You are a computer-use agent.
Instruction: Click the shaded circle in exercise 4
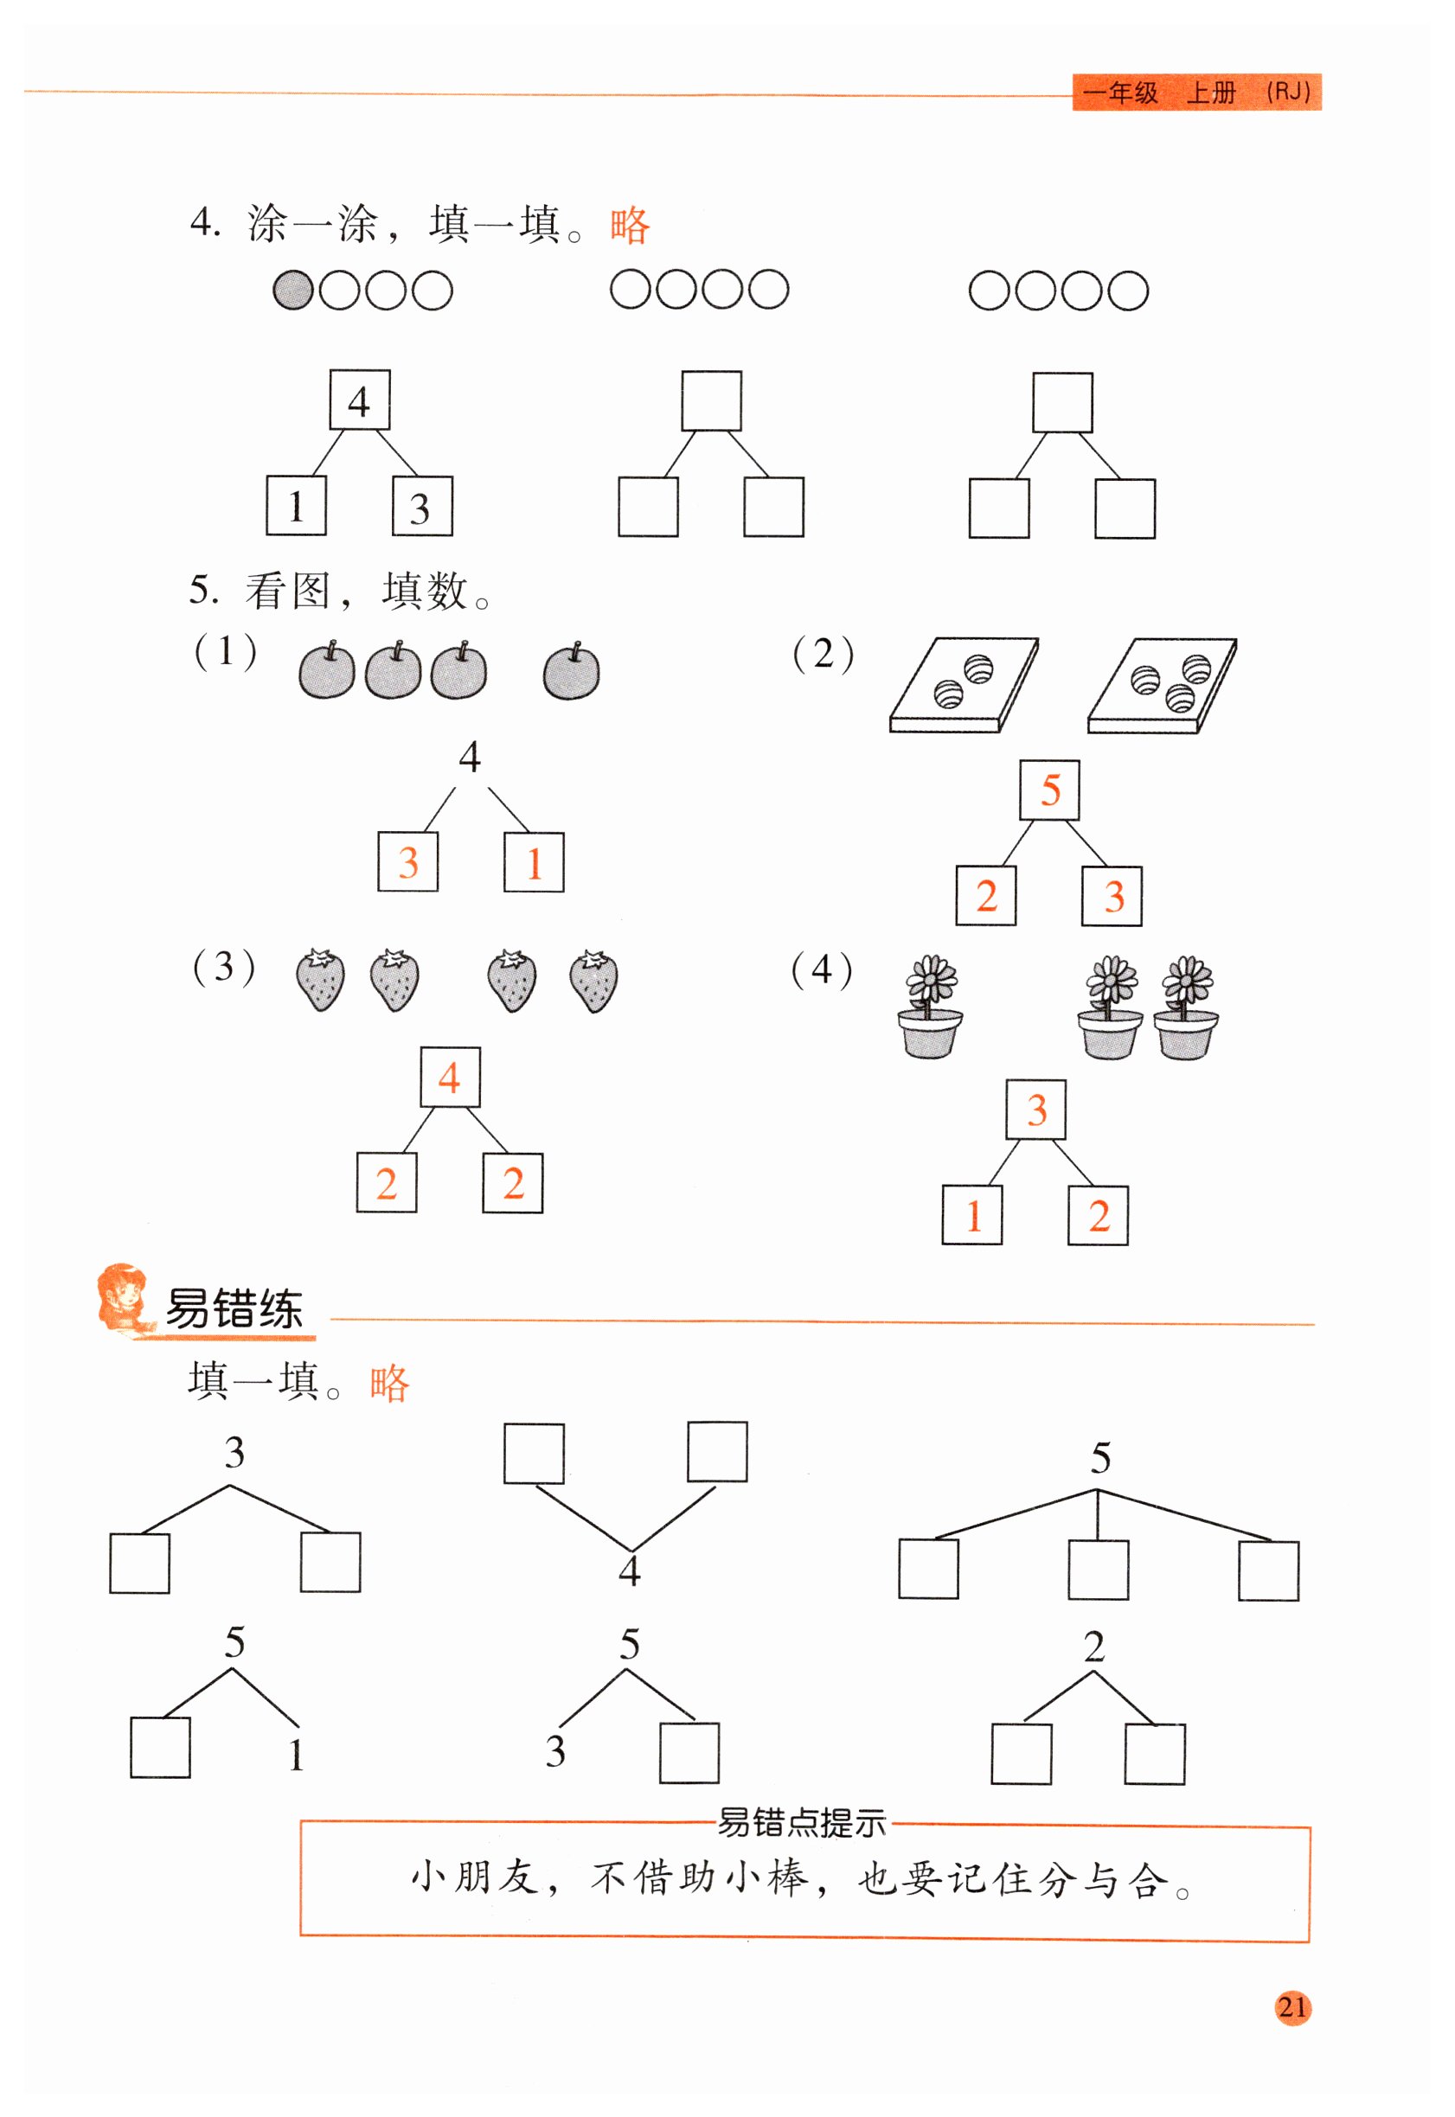292,291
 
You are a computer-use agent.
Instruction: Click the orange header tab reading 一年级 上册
1196,92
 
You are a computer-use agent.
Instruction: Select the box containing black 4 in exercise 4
359,400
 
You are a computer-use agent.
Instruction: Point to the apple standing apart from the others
572,673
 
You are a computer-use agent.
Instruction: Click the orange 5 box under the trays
1049,790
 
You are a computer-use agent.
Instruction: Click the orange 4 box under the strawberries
450,1078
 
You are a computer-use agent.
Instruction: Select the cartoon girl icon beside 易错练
125,1299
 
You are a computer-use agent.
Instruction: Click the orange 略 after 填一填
389,1383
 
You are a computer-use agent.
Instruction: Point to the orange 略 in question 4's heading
629,225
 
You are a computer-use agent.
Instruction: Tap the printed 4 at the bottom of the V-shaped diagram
629,1570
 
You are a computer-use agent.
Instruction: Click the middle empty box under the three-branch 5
1098,1570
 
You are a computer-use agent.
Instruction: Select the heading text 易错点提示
801,1823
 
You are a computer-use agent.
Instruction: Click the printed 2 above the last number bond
1094,1647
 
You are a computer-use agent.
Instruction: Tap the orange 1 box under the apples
534,862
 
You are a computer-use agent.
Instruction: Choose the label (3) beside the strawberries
223,967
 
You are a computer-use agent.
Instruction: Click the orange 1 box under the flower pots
971,1215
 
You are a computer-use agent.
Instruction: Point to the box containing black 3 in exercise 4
422,507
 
